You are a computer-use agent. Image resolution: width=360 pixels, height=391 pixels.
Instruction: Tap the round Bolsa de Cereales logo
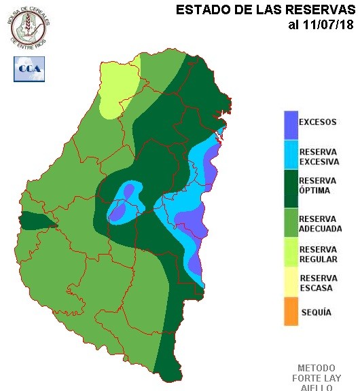(29, 27)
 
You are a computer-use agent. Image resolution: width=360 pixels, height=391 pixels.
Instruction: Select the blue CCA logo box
(29, 69)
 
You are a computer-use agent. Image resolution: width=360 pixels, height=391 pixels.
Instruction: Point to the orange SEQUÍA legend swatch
(291, 312)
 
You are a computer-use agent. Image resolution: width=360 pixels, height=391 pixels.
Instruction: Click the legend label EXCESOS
(318, 123)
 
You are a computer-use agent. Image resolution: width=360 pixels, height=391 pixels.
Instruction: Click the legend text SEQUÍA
(316, 312)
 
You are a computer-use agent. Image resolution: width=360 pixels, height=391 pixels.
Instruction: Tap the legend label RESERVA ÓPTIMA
(318, 185)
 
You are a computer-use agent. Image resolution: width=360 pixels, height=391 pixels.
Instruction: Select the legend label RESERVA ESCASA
(317, 283)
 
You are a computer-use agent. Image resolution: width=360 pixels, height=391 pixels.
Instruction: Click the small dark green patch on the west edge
(35, 221)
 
